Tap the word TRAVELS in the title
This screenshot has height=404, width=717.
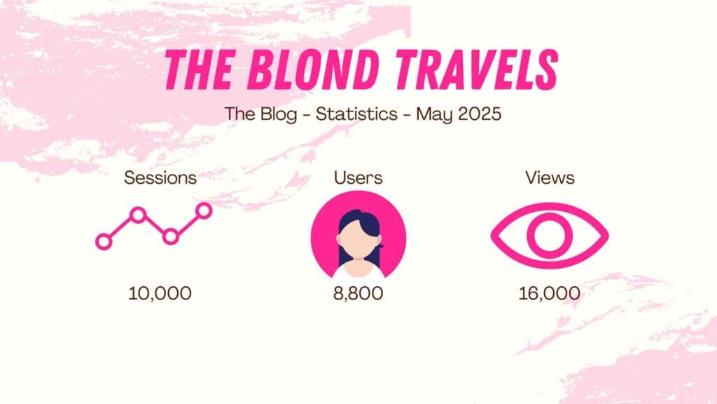point(477,69)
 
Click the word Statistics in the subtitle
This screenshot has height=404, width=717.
point(356,114)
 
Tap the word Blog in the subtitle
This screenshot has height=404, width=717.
point(279,114)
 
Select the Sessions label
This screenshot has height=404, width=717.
point(160,177)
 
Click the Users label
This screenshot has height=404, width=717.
point(358,177)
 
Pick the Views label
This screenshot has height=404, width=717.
point(550,177)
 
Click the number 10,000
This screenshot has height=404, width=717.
point(160,294)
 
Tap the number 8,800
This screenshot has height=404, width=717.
point(358,294)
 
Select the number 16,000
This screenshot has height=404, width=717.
point(549,294)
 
